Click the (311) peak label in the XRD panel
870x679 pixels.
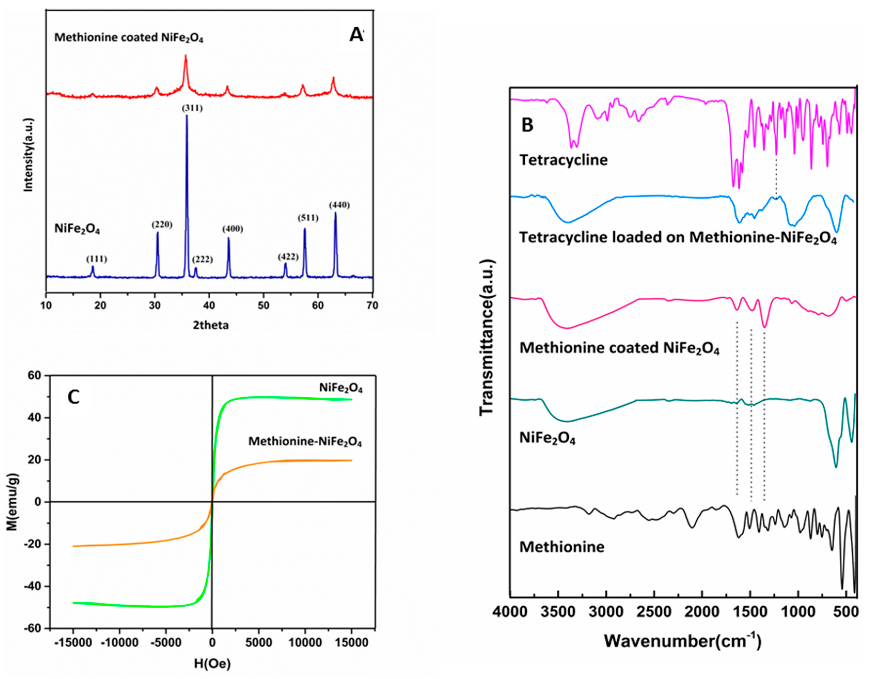[x=192, y=108]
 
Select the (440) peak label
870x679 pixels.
[x=339, y=205]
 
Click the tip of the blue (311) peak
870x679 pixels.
[x=186, y=116]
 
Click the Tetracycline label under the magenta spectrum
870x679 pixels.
[x=564, y=160]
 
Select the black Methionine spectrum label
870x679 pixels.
[x=562, y=547]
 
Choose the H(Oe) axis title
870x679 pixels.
[x=212, y=664]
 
